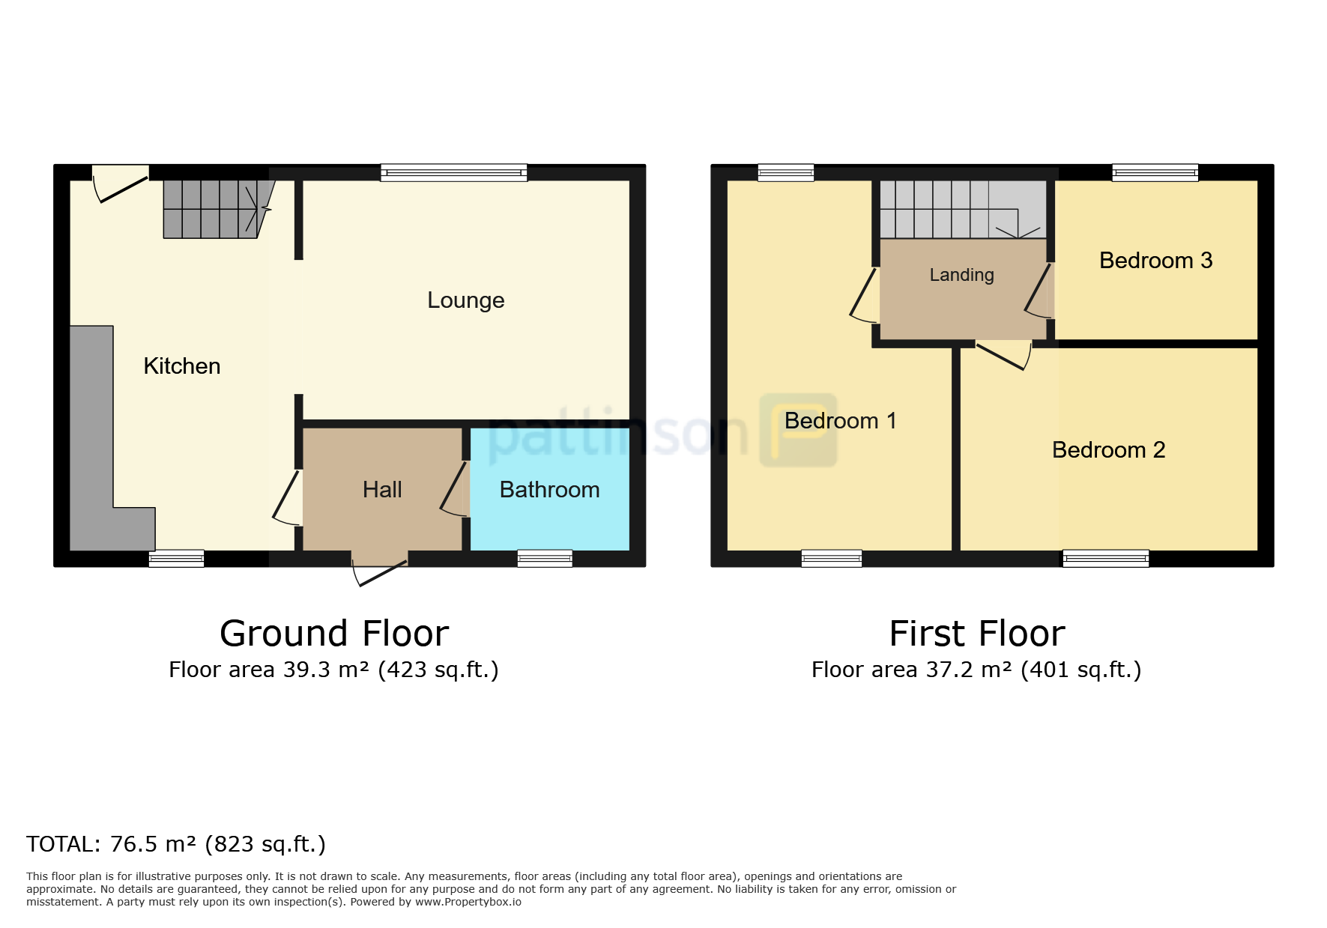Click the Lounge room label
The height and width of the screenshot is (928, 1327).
(465, 300)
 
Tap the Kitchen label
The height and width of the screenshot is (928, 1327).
(182, 366)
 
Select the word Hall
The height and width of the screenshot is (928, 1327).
(382, 490)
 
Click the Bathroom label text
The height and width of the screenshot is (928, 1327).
(549, 490)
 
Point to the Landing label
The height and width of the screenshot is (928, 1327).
(961, 276)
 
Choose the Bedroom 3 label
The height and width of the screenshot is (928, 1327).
(1155, 261)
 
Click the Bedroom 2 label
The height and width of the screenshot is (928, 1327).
(1108, 450)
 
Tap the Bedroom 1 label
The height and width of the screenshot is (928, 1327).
(840, 421)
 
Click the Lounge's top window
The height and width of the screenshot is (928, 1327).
(453, 173)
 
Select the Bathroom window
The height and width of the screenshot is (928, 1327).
(545, 558)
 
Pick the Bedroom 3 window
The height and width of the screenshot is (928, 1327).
(1155, 173)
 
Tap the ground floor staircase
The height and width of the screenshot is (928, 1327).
(218, 209)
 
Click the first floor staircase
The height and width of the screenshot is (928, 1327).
(962, 209)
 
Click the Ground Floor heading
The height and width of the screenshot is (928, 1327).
(334, 634)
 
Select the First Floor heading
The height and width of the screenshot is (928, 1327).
(977, 634)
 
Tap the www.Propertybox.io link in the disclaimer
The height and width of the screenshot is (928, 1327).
(468, 902)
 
